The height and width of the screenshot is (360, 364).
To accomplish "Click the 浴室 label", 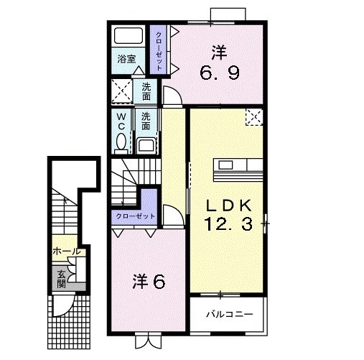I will [x=127, y=59].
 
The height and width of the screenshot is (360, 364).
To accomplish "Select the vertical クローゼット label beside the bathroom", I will [x=159, y=49].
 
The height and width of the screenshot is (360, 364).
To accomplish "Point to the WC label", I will [x=121, y=119].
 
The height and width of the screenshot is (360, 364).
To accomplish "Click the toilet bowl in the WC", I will [x=121, y=141].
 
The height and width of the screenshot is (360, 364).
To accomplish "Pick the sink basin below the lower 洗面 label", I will [x=145, y=145].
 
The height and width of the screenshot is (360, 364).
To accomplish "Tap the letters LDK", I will [x=224, y=203].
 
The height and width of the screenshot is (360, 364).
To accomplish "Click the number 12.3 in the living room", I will [x=225, y=224].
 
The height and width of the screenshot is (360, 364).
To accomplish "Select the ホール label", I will [x=65, y=251].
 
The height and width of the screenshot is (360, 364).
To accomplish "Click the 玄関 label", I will [x=61, y=277].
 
